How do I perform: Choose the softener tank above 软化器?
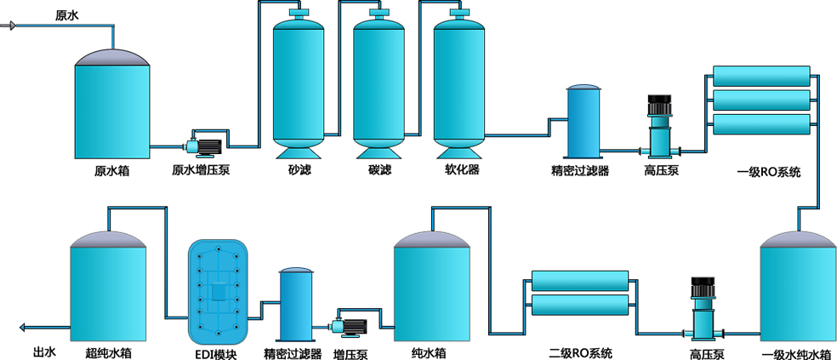460,85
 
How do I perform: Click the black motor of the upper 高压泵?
660,106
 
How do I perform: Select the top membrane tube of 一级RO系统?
761,76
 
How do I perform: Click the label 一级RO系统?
768,173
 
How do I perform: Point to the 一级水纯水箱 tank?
797,289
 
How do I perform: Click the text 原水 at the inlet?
66,14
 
